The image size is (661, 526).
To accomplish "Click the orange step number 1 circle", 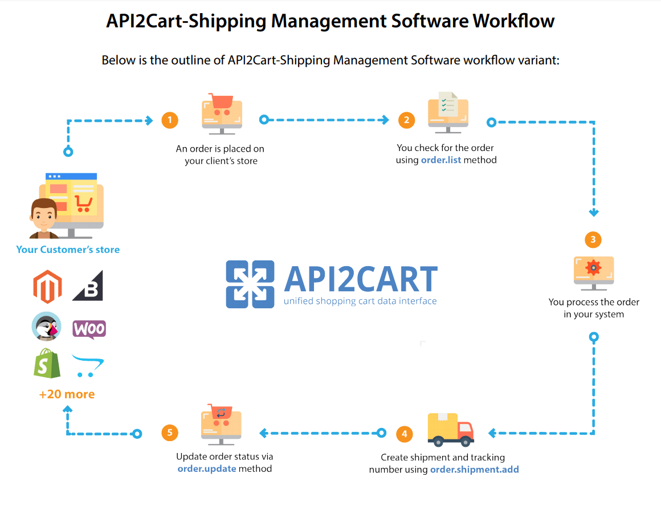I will pyautogui.click(x=169, y=120).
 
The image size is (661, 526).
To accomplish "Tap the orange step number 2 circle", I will pyautogui.click(x=406, y=120).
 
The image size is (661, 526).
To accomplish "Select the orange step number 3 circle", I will pyautogui.click(x=593, y=239).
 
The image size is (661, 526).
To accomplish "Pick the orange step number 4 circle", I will pyautogui.click(x=404, y=434).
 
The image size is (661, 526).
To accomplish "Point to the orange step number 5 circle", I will pyautogui.click(x=169, y=433).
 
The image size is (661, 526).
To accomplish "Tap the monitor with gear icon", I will pyautogui.click(x=594, y=271).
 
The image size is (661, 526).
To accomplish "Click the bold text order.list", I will pyautogui.click(x=440, y=161).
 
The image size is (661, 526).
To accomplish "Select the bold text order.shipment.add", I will pyautogui.click(x=474, y=470).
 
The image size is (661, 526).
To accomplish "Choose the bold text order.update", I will pyautogui.click(x=206, y=469).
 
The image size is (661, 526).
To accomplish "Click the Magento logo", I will pyautogui.click(x=47, y=287).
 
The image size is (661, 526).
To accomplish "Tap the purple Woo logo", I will pyautogui.click(x=89, y=329).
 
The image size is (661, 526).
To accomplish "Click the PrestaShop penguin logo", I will pyautogui.click(x=47, y=327).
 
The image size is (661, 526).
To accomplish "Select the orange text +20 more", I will pyautogui.click(x=67, y=394).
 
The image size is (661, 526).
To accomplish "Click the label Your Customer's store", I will pyautogui.click(x=68, y=250).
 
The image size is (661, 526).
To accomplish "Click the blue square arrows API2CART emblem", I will pyautogui.click(x=250, y=284).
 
